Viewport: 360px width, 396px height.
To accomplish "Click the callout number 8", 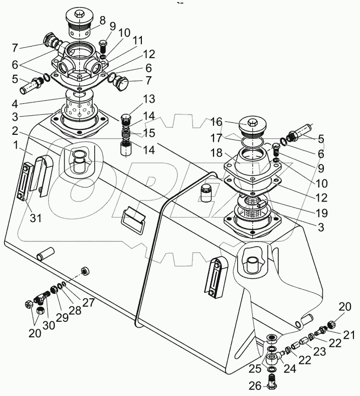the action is (x=103, y=21).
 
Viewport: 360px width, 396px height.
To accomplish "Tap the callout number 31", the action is (x=36, y=218).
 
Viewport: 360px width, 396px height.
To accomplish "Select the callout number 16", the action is (x=217, y=122).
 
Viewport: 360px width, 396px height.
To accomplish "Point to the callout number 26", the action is (x=255, y=385).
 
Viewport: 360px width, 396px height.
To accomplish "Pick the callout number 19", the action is (x=321, y=213).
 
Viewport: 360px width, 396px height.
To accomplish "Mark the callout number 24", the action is (x=289, y=368).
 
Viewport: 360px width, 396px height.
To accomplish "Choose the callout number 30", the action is (x=49, y=325).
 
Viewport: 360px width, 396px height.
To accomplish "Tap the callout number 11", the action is (x=138, y=40).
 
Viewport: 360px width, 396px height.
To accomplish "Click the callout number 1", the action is (x=16, y=145).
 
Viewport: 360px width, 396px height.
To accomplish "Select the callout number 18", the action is (x=217, y=153).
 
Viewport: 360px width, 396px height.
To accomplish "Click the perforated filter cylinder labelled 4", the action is (x=79, y=104).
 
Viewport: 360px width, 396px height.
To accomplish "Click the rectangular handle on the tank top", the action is (x=134, y=218).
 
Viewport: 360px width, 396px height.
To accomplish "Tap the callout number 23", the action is (x=319, y=351).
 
